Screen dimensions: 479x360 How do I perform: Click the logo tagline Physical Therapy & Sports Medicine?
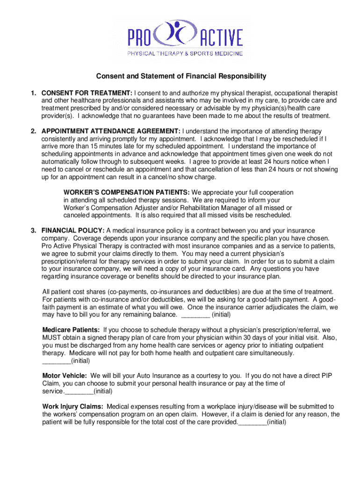[185, 53]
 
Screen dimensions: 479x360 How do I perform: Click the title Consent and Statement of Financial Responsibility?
[181, 76]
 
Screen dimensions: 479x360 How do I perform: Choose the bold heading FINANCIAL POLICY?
[73, 231]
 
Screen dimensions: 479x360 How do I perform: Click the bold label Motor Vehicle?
[65, 376]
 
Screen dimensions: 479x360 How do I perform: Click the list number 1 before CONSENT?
[34, 93]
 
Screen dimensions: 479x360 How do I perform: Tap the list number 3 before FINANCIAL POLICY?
[34, 231]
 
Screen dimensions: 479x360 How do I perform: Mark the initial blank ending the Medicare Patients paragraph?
[57, 361]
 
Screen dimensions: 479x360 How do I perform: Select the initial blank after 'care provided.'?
[253, 422]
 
